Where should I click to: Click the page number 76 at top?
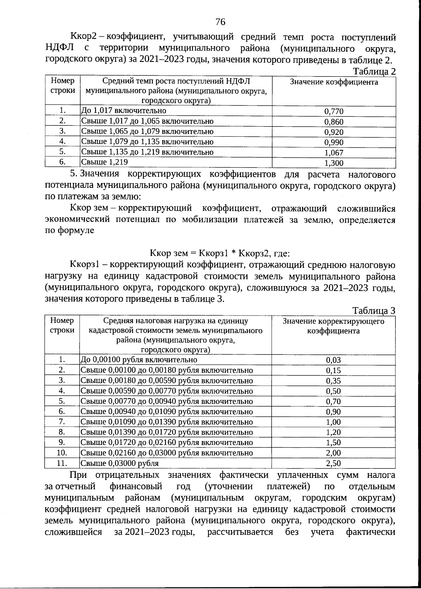tap(220, 22)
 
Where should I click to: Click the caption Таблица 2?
tap(374, 71)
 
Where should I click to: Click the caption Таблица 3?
tap(374, 311)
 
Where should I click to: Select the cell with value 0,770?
tap(334, 112)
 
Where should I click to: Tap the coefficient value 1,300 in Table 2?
tap(334, 163)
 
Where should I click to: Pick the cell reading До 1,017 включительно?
tap(123, 111)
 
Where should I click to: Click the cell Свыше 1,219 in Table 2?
tap(105, 162)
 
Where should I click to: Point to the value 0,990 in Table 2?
tap(334, 142)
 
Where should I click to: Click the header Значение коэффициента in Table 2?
tap(334, 82)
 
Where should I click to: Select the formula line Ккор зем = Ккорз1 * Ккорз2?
tap(220, 253)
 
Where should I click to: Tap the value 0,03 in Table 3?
tap(333, 360)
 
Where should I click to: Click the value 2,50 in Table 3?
tap(333, 463)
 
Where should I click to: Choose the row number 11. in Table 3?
tap(62, 463)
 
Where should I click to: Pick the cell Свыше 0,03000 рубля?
tap(120, 463)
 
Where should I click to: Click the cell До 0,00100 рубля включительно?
tap(139, 360)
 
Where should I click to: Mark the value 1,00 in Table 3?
tap(333, 422)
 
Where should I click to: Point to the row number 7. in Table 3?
tap(62, 422)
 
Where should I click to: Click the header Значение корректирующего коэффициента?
tap(333, 326)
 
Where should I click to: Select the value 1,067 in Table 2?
tap(334, 153)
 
